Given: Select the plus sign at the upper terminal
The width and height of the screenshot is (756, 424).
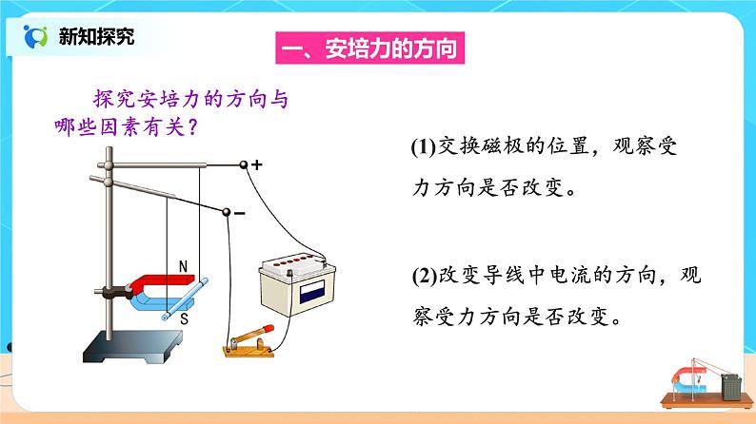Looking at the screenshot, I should click(x=257, y=164).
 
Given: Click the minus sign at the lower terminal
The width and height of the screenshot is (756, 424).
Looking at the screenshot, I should click(x=239, y=213).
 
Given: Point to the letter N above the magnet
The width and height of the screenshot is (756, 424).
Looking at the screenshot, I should click(x=184, y=266).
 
